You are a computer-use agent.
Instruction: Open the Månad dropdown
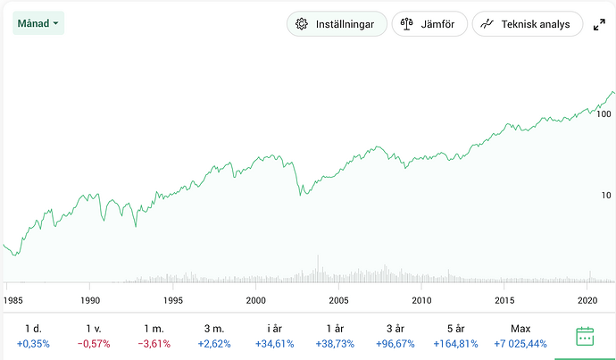pyautogui.click(x=38, y=22)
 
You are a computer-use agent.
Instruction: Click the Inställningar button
pyautogui.click(x=337, y=24)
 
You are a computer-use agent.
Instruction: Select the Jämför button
pyautogui.click(x=429, y=24)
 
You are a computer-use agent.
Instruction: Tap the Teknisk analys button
pyautogui.click(x=527, y=24)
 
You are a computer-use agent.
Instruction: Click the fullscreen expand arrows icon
pyautogui.click(x=600, y=25)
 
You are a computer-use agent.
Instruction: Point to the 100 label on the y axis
pyautogui.click(x=604, y=114)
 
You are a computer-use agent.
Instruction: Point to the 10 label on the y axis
pyautogui.click(x=604, y=195)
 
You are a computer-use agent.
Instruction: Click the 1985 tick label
pyautogui.click(x=12, y=300)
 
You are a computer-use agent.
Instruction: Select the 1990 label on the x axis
pyautogui.click(x=90, y=300)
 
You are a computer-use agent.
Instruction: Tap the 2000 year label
pyautogui.click(x=256, y=300)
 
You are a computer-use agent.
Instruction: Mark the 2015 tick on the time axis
pyautogui.click(x=505, y=300)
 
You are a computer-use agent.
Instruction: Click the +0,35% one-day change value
pyautogui.click(x=33, y=343)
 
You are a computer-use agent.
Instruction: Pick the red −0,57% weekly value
pyautogui.click(x=94, y=343)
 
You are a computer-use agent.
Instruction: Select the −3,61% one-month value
pyautogui.click(x=154, y=343)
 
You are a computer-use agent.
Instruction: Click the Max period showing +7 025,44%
pyautogui.click(x=520, y=335)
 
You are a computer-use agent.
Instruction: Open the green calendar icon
pyautogui.click(x=585, y=336)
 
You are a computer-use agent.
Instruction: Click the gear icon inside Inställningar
pyautogui.click(x=302, y=24)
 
